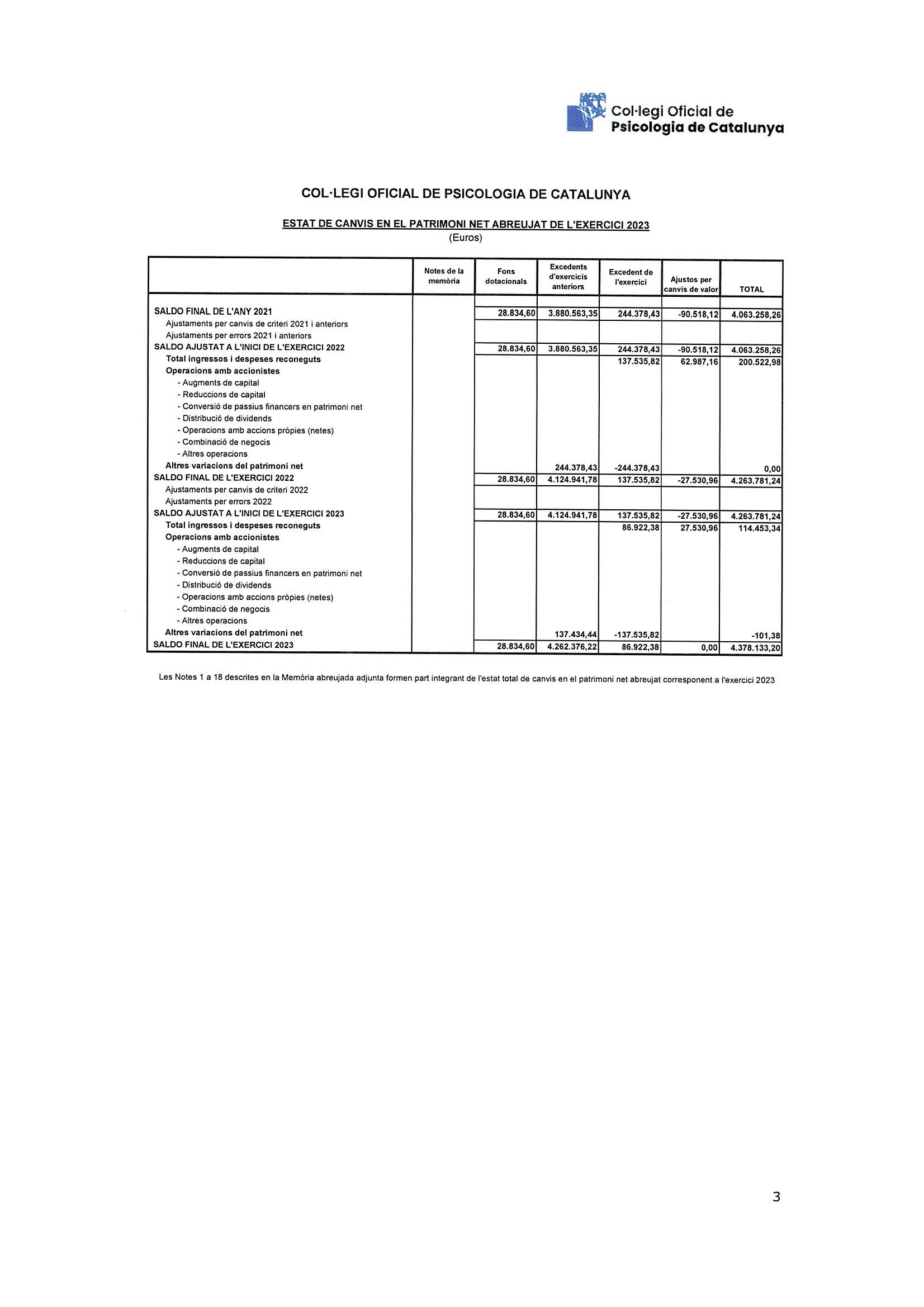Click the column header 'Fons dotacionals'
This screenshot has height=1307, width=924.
[505, 277]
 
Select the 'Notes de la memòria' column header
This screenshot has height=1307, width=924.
[443, 277]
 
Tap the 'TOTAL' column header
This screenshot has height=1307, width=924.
[751, 290]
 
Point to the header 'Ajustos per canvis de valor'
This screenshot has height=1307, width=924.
[690, 285]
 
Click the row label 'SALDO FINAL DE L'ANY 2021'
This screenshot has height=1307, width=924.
[213, 312]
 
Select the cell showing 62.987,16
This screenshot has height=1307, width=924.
[696, 361]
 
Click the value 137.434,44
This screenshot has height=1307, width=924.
[575, 634]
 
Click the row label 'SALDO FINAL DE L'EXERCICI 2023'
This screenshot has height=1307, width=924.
[223, 645]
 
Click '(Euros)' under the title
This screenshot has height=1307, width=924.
[465, 238]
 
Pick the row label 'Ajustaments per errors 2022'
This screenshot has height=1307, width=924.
[218, 501]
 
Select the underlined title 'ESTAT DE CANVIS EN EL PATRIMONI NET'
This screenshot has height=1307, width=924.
[465, 225]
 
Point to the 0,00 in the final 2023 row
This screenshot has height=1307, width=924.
[708, 648]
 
